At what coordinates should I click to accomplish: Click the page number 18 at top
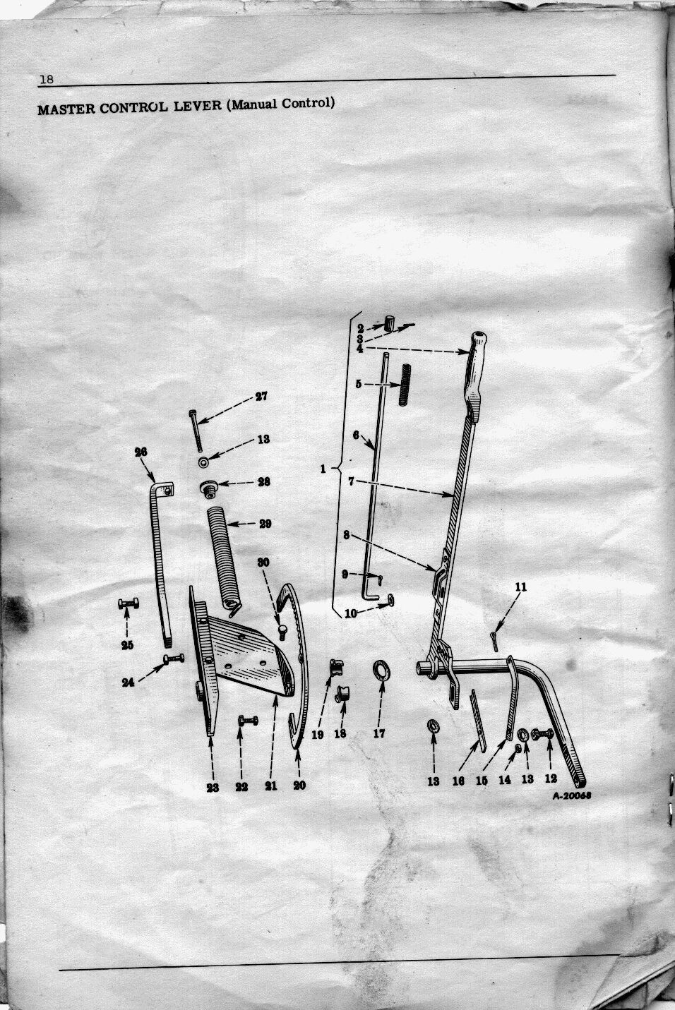click(x=47, y=79)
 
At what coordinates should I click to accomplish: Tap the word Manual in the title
click(x=254, y=105)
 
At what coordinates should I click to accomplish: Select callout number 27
click(x=261, y=397)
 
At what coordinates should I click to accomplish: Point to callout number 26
click(x=141, y=452)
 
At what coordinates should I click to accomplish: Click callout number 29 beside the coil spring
click(x=265, y=524)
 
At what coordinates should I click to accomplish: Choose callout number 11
click(x=520, y=587)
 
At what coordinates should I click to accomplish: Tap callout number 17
click(x=379, y=733)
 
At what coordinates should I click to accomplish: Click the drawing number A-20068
click(x=572, y=795)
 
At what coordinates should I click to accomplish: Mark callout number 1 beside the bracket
click(x=323, y=469)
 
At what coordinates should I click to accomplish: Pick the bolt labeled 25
click(x=129, y=603)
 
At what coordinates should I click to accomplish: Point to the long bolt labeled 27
click(x=196, y=431)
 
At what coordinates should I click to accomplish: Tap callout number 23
click(x=213, y=787)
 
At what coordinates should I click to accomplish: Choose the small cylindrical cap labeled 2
click(x=390, y=323)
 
